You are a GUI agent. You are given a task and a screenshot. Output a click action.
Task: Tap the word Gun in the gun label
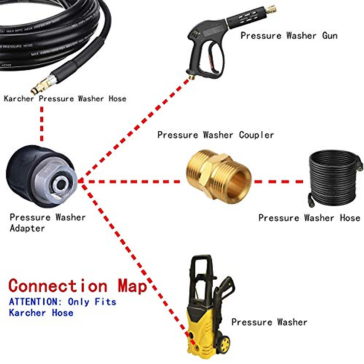[330, 35]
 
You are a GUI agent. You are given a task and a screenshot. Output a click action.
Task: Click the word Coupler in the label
[256, 135]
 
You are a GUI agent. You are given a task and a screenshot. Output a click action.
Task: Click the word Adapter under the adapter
[27, 228]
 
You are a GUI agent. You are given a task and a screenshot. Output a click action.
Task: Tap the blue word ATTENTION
[33, 302]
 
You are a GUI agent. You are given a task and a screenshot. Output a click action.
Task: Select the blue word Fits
[105, 302]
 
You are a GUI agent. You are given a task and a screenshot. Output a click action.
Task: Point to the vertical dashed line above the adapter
[42, 124]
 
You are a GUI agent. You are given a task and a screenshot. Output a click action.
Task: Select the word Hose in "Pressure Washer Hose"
[350, 218]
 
